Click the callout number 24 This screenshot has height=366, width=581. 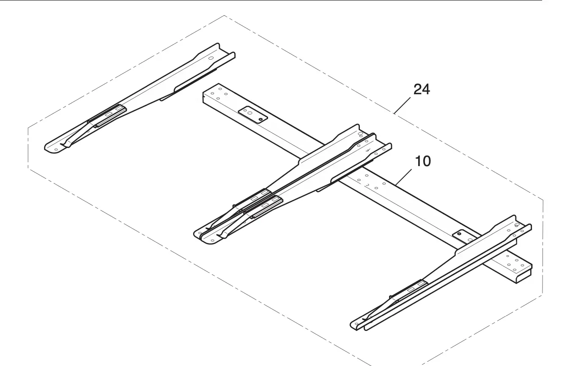[x=421, y=90]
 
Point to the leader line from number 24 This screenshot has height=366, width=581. [x=402, y=105]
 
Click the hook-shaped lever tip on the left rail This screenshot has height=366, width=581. [x=65, y=145]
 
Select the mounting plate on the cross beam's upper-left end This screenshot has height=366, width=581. [x=253, y=115]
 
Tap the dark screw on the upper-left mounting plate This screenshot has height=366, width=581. [x=260, y=119]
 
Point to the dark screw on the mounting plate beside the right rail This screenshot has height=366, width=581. [x=459, y=234]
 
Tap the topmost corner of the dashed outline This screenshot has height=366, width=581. [x=224, y=16]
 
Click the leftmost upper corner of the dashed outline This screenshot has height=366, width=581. [x=28, y=128]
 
